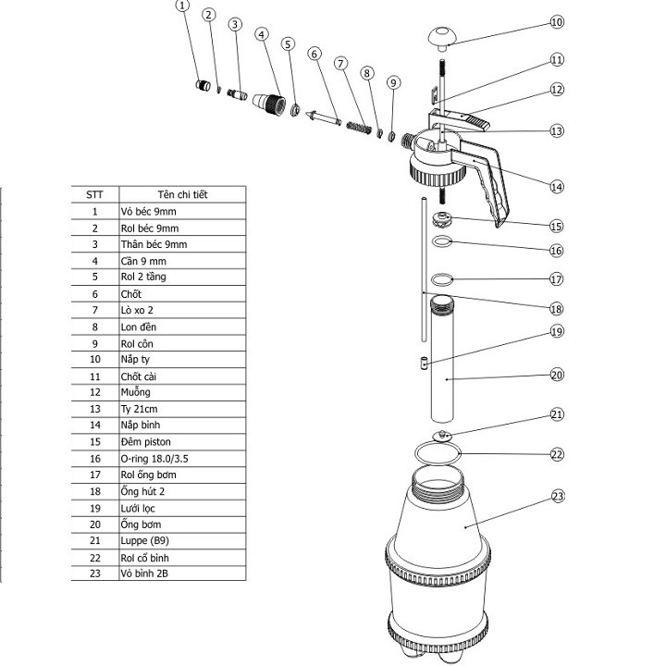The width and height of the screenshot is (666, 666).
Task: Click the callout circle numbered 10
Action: [x=557, y=22]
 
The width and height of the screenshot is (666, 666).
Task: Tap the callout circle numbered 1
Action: [x=182, y=6]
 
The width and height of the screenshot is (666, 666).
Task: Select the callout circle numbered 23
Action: [x=558, y=496]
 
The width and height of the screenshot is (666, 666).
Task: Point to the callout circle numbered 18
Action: [x=557, y=309]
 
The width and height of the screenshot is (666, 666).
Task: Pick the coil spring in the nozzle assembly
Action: [x=359, y=127]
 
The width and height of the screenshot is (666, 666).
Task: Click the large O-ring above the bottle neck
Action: [x=438, y=453]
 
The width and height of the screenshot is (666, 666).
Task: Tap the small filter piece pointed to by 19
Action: [x=424, y=364]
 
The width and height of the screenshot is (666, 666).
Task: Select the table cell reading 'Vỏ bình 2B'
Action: [x=182, y=573]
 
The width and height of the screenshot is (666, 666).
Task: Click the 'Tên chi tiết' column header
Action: [x=182, y=194]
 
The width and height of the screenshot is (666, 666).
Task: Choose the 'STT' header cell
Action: [x=94, y=194]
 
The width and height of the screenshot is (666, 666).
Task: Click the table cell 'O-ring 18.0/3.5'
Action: [x=182, y=459]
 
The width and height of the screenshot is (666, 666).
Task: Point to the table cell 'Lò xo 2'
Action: [x=182, y=311]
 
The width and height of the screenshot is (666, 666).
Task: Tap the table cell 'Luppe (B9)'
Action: [x=182, y=541]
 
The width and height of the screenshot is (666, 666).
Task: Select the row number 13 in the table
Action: [x=95, y=410]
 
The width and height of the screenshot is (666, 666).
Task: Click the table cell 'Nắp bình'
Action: [x=182, y=425]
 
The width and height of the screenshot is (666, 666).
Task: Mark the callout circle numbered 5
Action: [x=288, y=44]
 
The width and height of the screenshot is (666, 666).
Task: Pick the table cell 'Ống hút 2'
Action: [x=182, y=492]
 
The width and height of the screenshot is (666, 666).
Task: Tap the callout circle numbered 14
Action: [x=557, y=187]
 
